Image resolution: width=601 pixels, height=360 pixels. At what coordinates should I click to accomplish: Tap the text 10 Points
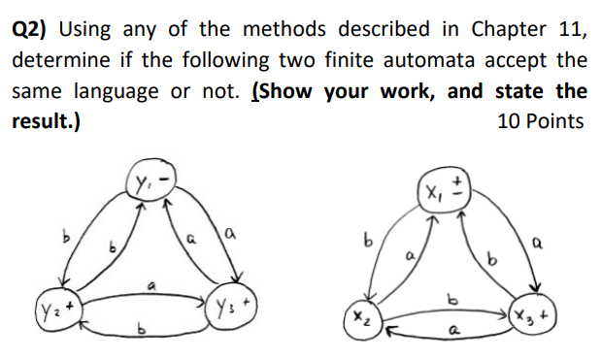[x=541, y=122]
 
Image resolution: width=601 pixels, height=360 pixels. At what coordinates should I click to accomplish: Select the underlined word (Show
[x=284, y=91]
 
